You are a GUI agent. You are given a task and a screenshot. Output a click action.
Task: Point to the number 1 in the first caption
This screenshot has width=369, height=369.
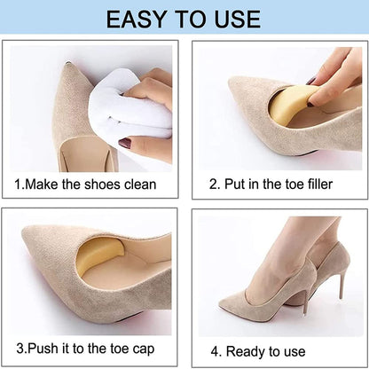tap(18, 184)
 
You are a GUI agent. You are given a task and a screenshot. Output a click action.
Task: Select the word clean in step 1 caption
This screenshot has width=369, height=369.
tap(137, 184)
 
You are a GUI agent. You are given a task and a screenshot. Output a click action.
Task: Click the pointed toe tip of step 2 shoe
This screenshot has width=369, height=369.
tap(232, 85)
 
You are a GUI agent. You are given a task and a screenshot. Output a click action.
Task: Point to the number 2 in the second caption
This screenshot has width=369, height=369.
tap(212, 184)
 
